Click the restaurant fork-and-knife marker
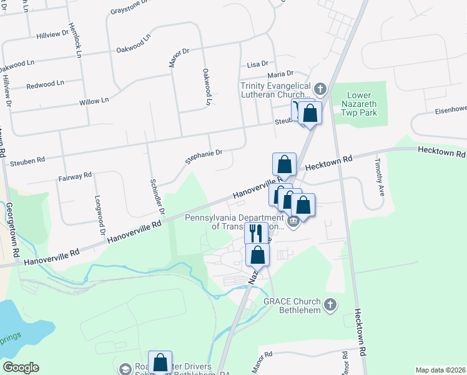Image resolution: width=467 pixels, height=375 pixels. pos(256,233)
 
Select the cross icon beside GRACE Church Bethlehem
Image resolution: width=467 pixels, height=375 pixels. pos(331,305)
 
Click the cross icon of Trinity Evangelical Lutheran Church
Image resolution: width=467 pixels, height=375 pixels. pos(321,88)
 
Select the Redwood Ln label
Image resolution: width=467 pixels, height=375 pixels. pos(44,83)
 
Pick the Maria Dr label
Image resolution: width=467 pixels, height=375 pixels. pos(281,74)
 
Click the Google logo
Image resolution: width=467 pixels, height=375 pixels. pos(21,367)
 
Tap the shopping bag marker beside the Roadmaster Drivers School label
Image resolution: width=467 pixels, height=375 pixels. pos(160,362)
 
